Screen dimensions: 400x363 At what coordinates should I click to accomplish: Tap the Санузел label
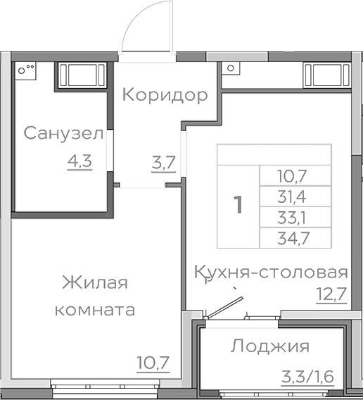click(63, 133)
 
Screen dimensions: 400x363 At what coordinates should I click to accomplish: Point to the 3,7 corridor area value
click(163, 163)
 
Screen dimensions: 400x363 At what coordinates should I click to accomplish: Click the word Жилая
click(95, 283)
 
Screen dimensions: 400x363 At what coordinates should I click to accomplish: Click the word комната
click(95, 310)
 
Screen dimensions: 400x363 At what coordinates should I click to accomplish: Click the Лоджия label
click(270, 346)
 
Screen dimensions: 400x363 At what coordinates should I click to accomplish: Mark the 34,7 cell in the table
click(295, 238)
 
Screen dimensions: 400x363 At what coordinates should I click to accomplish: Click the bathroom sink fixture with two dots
click(27, 70)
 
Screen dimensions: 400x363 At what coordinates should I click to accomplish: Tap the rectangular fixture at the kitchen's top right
click(326, 73)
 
